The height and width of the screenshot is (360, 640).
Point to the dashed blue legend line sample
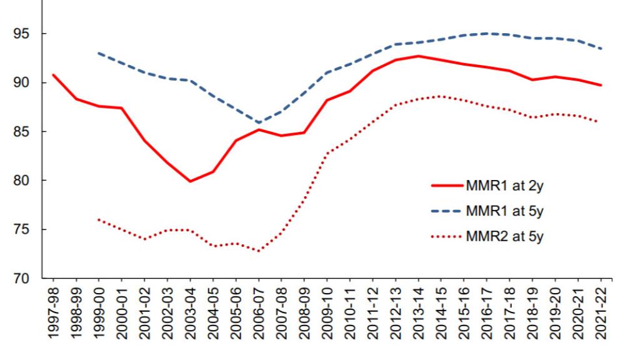tap(447, 211)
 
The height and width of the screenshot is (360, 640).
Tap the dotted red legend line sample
tap(447, 237)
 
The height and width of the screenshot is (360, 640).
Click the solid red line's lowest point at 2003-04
tap(190, 181)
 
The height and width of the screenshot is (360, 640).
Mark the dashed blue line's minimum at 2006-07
tap(259, 122)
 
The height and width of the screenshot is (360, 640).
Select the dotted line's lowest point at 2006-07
tap(259, 251)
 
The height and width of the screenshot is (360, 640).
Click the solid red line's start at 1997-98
tap(54, 75)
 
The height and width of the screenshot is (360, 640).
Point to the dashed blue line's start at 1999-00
tap(99, 53)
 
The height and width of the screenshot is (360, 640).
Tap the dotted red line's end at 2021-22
tap(601, 122)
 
